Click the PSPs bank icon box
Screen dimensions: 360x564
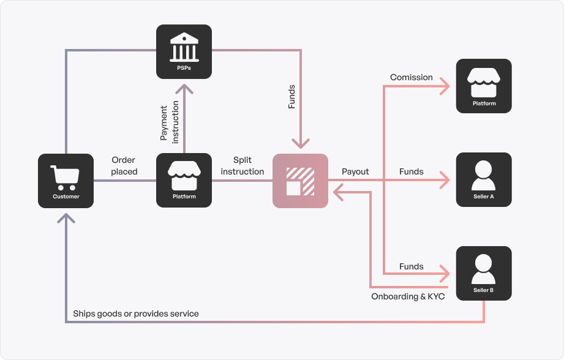tap(184, 51)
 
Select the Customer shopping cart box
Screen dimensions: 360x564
tap(66, 181)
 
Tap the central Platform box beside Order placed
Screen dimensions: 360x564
tap(184, 181)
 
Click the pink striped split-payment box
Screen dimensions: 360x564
tap(300, 181)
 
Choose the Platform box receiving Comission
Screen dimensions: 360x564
tap(484, 86)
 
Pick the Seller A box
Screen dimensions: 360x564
tap(484, 179)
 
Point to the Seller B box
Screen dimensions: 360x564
tap(484, 273)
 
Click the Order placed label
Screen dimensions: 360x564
tap(124, 166)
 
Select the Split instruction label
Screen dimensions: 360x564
tap(243, 166)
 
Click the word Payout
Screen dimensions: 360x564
tap(355, 171)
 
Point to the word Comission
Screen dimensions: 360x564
tap(412, 78)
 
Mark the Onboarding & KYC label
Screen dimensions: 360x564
tap(408, 296)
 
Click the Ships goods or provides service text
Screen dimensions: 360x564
tap(136, 313)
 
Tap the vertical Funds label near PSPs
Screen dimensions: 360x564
tap(291, 97)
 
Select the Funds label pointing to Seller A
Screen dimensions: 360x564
tap(411, 171)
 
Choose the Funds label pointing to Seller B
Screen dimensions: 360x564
tap(411, 266)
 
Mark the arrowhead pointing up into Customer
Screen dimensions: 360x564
tap(66, 218)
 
